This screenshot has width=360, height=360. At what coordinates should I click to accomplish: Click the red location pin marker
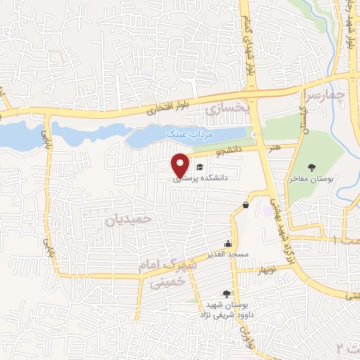click(x=181, y=165)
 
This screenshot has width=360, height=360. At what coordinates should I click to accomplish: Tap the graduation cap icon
click(x=200, y=167)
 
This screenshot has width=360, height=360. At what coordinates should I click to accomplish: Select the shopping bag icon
click(x=245, y=205)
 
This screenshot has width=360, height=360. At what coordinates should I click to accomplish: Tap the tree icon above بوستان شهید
click(x=226, y=294)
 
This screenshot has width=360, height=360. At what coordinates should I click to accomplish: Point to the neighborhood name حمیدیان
click(x=129, y=219)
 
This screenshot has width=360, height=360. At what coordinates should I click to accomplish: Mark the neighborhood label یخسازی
click(x=226, y=110)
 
